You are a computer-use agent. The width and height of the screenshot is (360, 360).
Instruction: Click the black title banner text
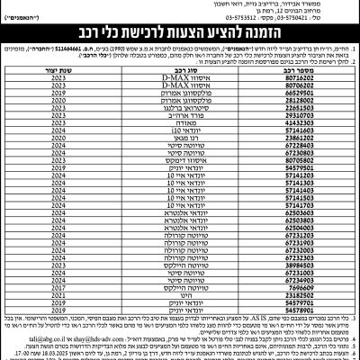click(180, 35)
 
